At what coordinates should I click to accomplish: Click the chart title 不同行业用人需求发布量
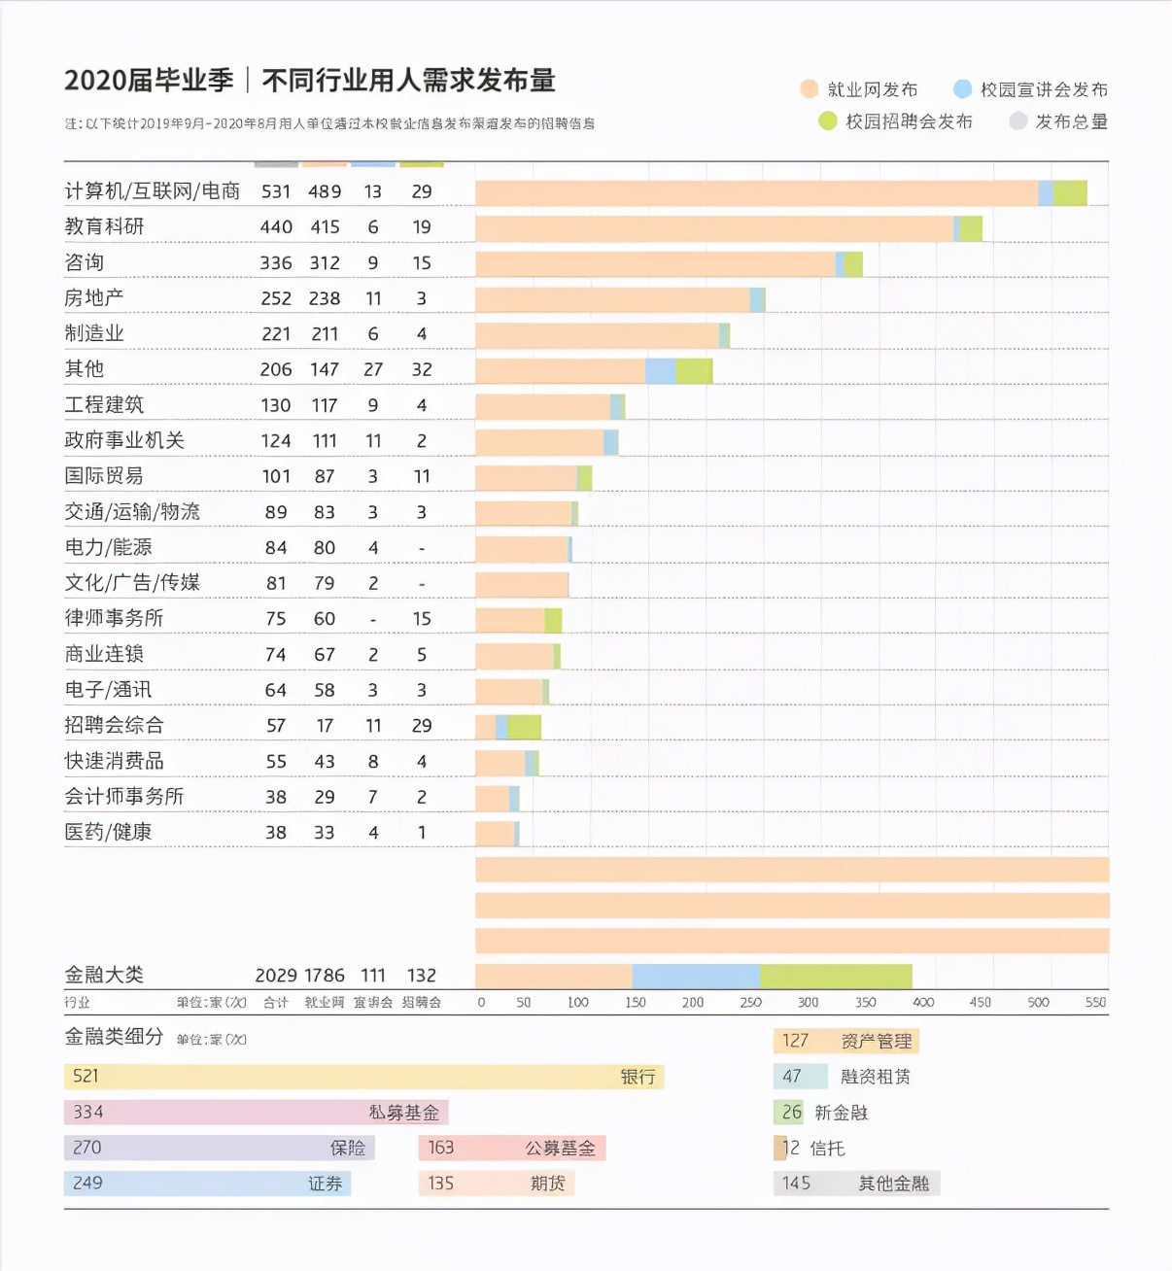tap(408, 81)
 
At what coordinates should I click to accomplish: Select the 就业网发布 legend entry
tap(859, 89)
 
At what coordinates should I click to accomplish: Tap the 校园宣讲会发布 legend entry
tap(1031, 89)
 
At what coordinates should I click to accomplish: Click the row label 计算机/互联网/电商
tap(152, 191)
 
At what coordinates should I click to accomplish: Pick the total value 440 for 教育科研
tap(276, 227)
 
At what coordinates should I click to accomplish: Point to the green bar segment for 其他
tap(694, 370)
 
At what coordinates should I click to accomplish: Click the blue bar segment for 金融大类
tap(696, 976)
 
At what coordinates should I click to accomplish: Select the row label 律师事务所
tap(114, 619)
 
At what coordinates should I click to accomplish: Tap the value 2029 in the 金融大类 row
tap(276, 976)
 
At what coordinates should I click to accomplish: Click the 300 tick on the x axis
tap(808, 1002)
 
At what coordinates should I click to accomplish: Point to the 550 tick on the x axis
tap(1095, 1002)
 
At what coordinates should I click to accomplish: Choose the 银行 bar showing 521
tap(363, 1077)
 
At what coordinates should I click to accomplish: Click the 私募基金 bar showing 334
tap(256, 1113)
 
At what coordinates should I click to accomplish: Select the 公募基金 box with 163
tap(512, 1148)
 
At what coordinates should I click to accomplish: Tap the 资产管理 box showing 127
tap(846, 1042)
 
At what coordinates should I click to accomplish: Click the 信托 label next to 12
tap(827, 1149)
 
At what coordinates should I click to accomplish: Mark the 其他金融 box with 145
tap(856, 1184)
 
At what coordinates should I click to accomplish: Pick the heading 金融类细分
tap(114, 1037)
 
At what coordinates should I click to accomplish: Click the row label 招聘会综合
tap(114, 726)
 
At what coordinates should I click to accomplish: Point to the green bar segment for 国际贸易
tap(584, 477)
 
